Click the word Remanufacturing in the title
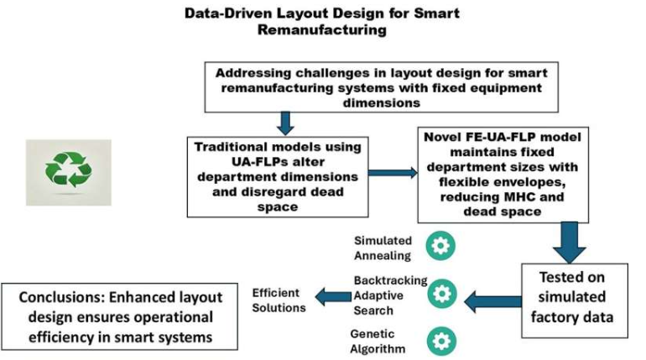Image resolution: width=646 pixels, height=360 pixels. click(x=322, y=30)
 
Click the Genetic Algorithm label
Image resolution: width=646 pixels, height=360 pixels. click(x=378, y=341)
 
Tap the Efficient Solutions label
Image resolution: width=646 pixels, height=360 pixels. click(x=279, y=298)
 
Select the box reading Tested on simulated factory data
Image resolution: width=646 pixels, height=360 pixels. click(x=570, y=298)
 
